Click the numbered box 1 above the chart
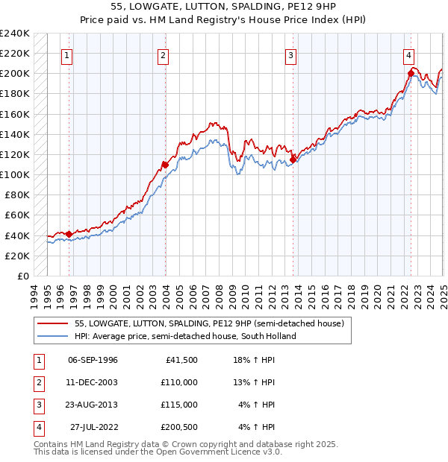click(x=67, y=54)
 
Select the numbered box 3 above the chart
click(x=290, y=54)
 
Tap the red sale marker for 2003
click(x=165, y=164)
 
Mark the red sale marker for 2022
click(x=411, y=72)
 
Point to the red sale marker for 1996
click(x=69, y=234)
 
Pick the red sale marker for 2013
click(x=293, y=159)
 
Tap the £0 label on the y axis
click(x=22, y=276)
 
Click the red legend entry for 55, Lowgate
click(x=208, y=323)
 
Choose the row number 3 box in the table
click(x=38, y=405)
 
